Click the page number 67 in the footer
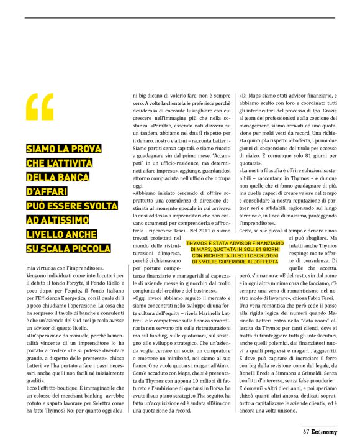click(x=306, y=432)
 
